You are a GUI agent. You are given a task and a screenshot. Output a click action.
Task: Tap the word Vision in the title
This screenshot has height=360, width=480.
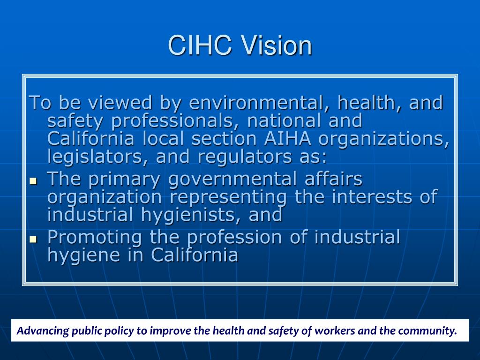point(276,46)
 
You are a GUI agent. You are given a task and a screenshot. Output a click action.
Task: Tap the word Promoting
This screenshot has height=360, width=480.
point(94,237)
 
